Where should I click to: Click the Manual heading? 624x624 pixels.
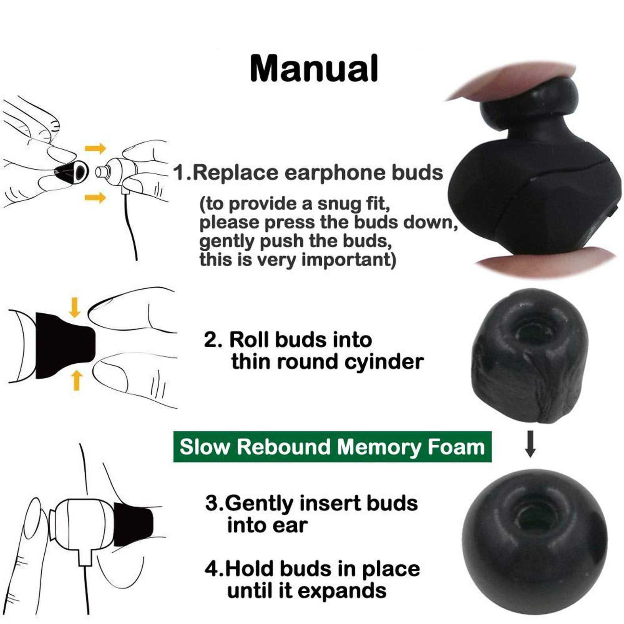314,69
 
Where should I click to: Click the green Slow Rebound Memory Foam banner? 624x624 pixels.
332,447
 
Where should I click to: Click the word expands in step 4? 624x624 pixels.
342,591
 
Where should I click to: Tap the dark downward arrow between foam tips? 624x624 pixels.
530,444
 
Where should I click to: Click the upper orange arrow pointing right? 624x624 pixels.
95,149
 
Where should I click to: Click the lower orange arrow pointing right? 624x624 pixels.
95,197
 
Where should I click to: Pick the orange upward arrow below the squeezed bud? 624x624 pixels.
77,380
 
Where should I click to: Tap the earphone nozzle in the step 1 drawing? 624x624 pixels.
101,172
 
